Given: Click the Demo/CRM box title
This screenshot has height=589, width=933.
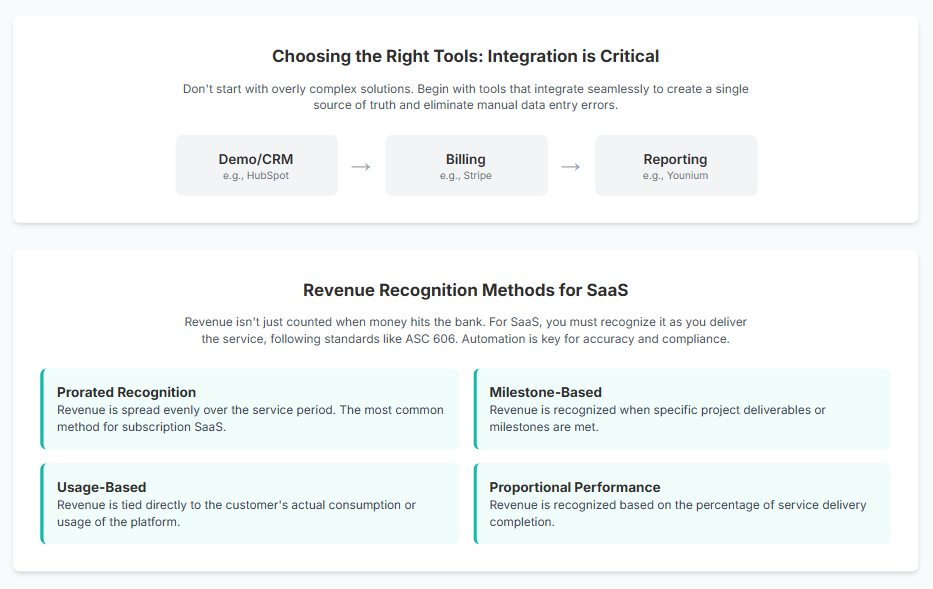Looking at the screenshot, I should pos(256,159).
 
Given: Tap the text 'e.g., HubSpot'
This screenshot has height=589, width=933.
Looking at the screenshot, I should pos(256,176).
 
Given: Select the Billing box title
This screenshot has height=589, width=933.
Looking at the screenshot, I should pos(466,159).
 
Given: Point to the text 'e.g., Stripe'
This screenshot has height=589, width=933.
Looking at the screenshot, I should pos(466,176).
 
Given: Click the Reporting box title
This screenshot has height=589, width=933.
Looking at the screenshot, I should pos(675,159).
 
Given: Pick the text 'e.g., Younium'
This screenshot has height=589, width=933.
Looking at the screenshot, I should pos(675,176).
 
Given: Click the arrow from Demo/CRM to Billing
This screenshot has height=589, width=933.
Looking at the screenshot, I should pos(361,166).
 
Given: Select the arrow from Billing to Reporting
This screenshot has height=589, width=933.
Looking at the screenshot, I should pos(571,166).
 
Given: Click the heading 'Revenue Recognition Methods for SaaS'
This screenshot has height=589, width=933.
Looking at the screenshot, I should pos(466,290).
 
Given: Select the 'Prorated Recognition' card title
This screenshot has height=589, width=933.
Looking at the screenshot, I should pos(126,392).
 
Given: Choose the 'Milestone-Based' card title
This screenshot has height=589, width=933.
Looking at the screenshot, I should pos(545,392).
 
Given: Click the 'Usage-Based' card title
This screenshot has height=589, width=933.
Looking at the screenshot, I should pos(101,488).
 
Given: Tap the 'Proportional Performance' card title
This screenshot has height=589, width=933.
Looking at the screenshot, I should pos(574,488).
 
